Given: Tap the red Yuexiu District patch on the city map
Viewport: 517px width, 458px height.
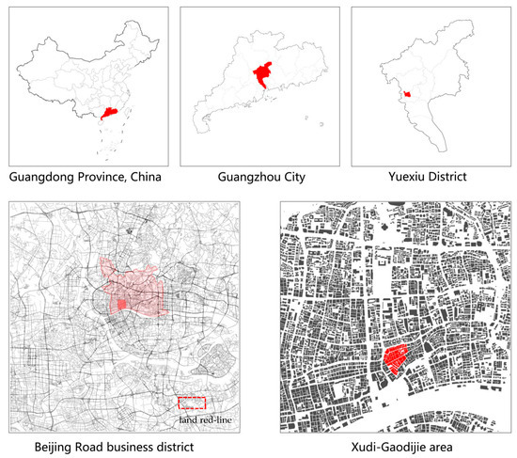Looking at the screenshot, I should [406, 93].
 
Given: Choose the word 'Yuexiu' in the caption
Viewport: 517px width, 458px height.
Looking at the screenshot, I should [400, 176].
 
